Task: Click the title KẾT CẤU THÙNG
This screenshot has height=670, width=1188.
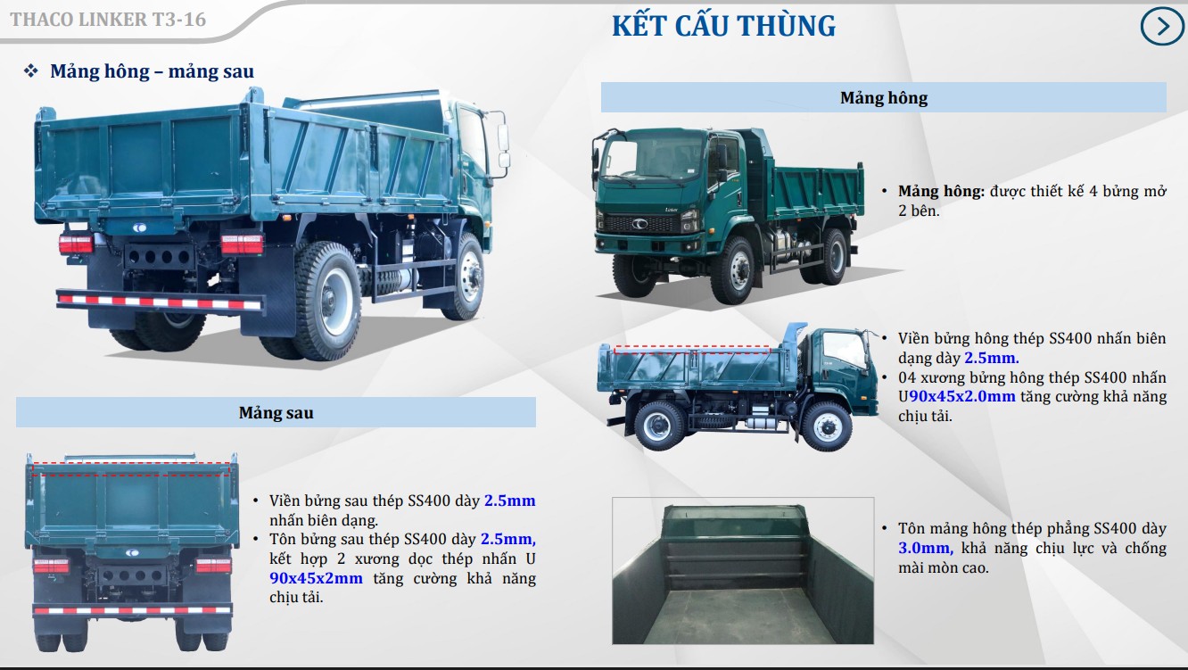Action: tap(723, 25)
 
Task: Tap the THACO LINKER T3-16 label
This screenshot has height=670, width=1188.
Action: tap(107, 19)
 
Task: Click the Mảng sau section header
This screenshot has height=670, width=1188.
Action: tap(276, 413)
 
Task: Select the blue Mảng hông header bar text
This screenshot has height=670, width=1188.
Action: tap(883, 98)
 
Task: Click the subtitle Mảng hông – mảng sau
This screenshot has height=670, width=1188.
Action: tap(152, 71)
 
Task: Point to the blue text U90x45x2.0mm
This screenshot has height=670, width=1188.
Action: tap(961, 397)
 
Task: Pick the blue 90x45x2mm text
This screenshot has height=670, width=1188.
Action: tap(316, 578)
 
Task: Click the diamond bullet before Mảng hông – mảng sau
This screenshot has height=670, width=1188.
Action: tap(31, 71)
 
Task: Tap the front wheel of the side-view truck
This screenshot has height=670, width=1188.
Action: tap(826, 425)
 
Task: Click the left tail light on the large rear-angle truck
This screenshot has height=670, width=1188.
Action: tap(76, 244)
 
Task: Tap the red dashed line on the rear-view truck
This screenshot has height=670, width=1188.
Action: tap(131, 463)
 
